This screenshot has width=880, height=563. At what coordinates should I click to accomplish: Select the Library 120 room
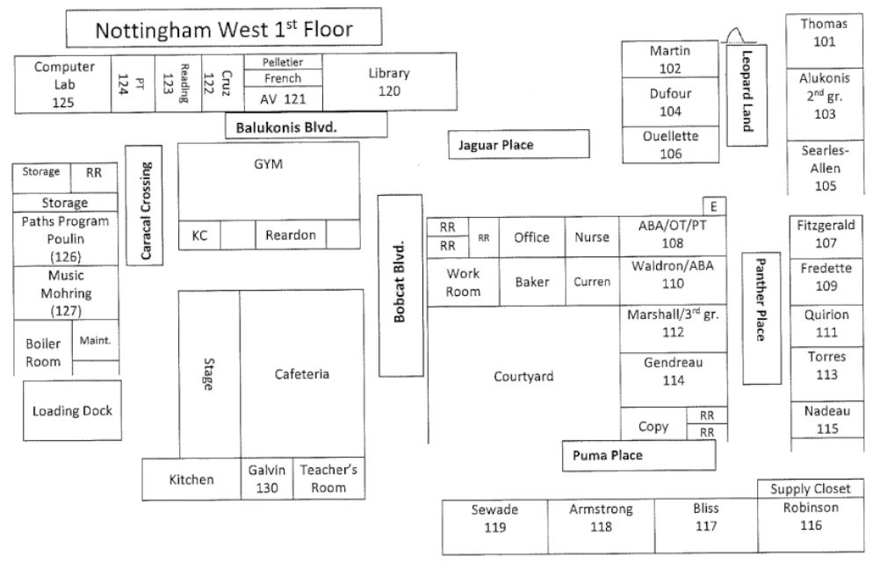coord(388,82)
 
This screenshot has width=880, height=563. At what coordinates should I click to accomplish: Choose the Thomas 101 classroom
coord(824,32)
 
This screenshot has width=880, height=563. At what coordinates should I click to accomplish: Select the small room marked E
coord(715,206)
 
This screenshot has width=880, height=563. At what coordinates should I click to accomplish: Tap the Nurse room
coord(592,237)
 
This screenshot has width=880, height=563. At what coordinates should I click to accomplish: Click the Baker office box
coord(532,282)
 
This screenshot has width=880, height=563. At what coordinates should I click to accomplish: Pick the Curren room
coord(592,282)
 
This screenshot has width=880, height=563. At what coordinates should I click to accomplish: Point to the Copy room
coord(653,426)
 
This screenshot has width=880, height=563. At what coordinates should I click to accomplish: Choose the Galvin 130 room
coord(266,479)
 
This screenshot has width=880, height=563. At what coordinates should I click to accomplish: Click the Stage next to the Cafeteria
coord(209,373)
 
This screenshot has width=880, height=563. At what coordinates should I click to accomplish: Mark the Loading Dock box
coord(72,411)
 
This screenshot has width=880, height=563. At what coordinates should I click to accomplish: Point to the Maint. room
coord(95,341)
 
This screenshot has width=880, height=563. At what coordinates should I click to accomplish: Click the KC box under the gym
coord(199,235)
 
